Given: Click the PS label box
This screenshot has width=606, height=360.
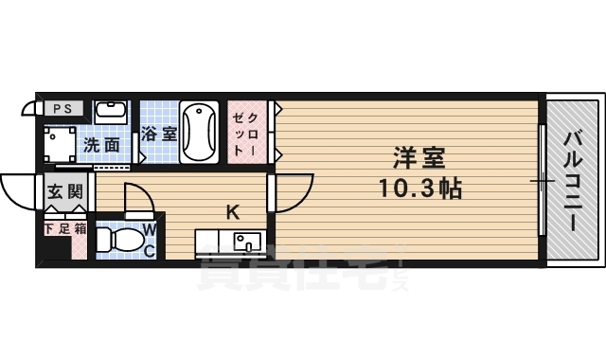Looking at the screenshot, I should [x=61, y=108].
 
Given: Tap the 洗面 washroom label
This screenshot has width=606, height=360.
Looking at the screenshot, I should [x=101, y=145].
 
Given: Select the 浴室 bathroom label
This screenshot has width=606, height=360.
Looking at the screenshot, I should [x=158, y=135].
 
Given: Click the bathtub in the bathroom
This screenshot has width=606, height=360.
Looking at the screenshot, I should [x=201, y=132].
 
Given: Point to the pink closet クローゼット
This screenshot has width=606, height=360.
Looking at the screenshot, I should [x=249, y=133].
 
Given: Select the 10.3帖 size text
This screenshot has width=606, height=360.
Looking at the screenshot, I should [x=422, y=188].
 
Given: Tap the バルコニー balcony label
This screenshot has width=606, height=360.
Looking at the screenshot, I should [x=574, y=179].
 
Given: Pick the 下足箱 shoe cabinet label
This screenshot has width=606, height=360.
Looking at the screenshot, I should [x=65, y=228].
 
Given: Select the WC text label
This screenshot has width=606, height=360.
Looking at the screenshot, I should [x=150, y=239].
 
